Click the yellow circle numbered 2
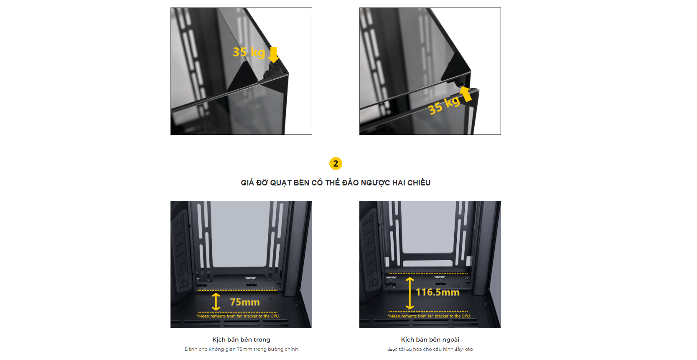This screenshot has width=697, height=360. pyautogui.click(x=336, y=164)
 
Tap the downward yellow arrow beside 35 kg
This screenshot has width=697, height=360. pyautogui.click(x=273, y=55)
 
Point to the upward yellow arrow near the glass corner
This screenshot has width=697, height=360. pyautogui.click(x=466, y=94)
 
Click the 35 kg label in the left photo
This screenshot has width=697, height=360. pyautogui.click(x=249, y=52)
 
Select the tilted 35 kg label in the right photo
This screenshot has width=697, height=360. pyautogui.click(x=444, y=105)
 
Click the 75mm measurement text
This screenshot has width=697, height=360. pyautogui.click(x=245, y=302)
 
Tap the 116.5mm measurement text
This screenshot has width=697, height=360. pyautogui.click(x=438, y=292)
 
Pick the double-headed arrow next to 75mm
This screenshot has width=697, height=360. pyautogui.click(x=216, y=302)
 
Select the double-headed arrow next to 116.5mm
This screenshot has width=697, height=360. pyautogui.click(x=410, y=293)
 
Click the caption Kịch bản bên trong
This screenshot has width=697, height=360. pyautogui.click(x=241, y=340)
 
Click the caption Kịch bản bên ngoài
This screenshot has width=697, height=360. pyautogui.click(x=430, y=340)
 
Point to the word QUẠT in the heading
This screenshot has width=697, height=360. pyautogui.click(x=281, y=183)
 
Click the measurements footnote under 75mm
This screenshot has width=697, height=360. pyautogui.click(x=238, y=316)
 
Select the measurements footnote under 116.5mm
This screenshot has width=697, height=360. pyautogui.click(x=429, y=316)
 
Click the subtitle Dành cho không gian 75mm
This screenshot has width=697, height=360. pyautogui.click(x=241, y=349)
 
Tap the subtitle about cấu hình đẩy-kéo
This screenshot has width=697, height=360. pyautogui.click(x=430, y=349)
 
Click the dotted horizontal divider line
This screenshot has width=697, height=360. pyautogui.click(x=336, y=146)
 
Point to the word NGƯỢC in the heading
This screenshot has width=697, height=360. pyautogui.click(x=375, y=183)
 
